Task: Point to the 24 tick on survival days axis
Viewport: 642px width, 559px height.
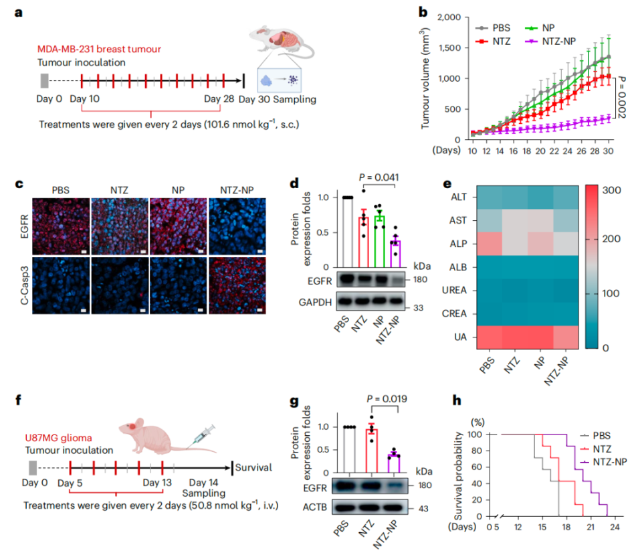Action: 614,528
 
